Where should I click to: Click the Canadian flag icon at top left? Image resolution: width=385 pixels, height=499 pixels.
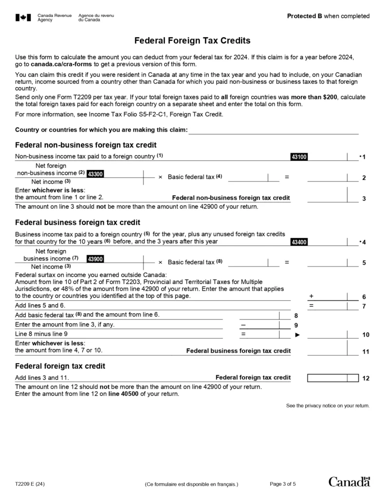(23, 18)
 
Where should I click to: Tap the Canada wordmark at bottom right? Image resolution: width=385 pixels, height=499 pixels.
(349, 482)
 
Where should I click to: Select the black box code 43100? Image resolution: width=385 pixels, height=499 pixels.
(299, 157)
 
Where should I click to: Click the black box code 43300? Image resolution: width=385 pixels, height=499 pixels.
(95, 173)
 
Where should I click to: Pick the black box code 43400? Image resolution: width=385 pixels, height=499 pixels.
(299, 242)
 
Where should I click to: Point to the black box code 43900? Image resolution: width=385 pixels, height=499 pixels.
(95, 258)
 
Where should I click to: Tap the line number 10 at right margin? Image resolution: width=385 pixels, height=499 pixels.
(366, 335)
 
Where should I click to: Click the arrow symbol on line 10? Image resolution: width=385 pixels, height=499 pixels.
(298, 335)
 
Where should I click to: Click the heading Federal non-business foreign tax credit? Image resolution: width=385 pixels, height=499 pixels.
(86, 145)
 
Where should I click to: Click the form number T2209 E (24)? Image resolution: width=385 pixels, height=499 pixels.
(31, 484)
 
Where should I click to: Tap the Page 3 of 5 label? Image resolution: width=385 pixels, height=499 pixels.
(283, 484)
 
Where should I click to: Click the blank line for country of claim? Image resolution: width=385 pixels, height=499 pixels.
(273, 130)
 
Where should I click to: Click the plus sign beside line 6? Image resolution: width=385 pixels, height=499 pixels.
(311, 296)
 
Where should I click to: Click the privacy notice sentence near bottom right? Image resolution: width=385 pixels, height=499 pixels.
(328, 405)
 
